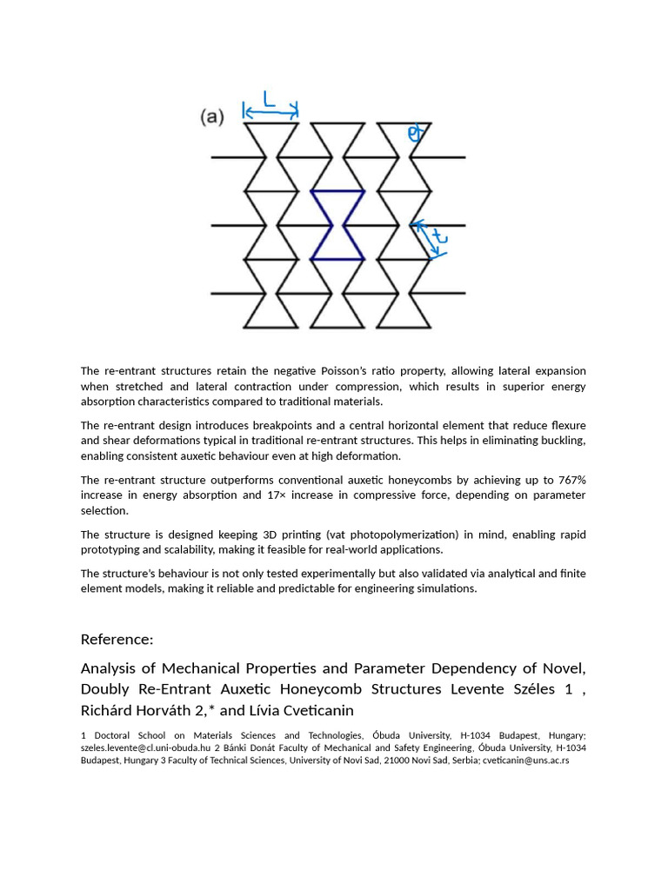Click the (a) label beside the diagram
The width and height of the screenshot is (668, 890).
click(212, 116)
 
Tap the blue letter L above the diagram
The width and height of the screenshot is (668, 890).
click(270, 101)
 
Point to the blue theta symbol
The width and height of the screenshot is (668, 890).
click(414, 133)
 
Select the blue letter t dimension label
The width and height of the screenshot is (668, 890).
click(440, 236)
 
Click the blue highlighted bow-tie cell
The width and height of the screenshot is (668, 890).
click(337, 225)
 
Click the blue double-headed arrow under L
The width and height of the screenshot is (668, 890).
click(271, 111)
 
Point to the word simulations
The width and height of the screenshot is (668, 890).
click(444, 588)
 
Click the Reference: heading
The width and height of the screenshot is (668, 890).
click(117, 640)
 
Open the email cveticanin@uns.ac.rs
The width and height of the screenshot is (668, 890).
click(526, 760)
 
